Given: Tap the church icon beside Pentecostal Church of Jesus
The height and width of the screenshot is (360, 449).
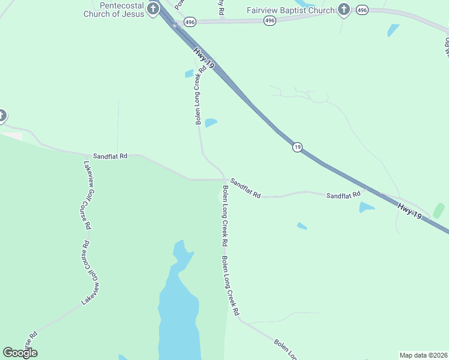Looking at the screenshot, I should tap(153, 8).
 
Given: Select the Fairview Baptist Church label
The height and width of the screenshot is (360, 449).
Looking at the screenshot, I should tap(291, 10).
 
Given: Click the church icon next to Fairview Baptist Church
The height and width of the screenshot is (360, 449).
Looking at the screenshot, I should tap(343, 9).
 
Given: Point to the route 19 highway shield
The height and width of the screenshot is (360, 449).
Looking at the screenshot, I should tap(297, 147).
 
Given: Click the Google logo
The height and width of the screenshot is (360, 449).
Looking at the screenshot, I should tap(20, 353).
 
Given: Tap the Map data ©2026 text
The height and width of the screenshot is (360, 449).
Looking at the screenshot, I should tap(423, 355).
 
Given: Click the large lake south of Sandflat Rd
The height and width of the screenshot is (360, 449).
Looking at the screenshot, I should tap(178, 312).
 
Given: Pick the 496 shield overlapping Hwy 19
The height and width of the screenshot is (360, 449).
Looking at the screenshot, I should tap(190, 20).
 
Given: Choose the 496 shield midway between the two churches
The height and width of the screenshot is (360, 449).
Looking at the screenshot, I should tap(270, 20).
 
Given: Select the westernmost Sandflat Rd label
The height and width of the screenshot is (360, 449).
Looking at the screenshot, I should tap(110, 156).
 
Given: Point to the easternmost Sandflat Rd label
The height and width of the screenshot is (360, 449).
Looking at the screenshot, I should tap(343, 195).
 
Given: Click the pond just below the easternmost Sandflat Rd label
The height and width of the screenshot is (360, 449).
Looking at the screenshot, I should tap(366, 208).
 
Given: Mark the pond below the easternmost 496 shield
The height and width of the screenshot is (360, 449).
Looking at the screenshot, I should tap(393, 29).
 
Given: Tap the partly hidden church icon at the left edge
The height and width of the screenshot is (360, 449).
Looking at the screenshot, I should tap(2, 115).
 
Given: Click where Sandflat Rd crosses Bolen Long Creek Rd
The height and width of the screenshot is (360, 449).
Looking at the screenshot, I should tap(224, 179).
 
